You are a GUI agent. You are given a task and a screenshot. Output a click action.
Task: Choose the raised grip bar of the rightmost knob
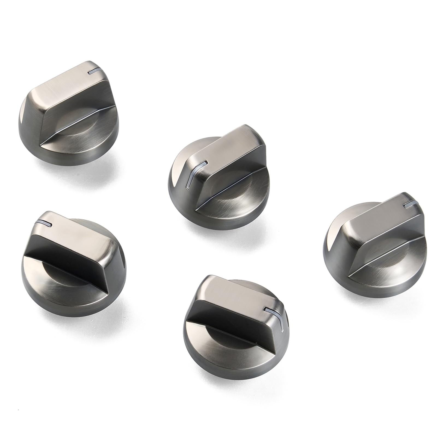tap(382, 227)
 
